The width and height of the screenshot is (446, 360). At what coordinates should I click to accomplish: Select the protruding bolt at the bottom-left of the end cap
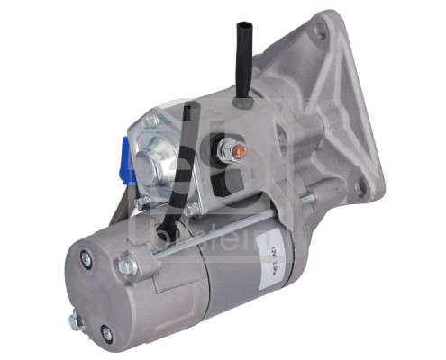tap(76, 319)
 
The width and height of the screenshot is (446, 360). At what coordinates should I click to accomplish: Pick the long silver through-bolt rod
tap(216, 236)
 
